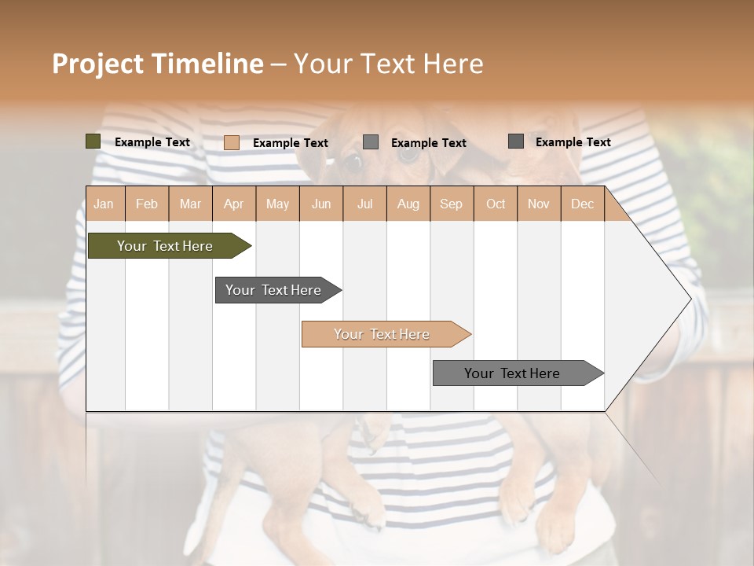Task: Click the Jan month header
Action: click(x=104, y=204)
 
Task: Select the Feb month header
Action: click(x=147, y=204)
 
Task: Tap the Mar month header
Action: click(x=190, y=204)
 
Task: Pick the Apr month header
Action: click(x=234, y=204)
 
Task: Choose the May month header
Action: click(x=277, y=204)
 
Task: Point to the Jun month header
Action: click(x=321, y=204)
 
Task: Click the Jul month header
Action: click(x=364, y=204)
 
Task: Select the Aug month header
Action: click(x=408, y=204)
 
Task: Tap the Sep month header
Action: click(x=452, y=204)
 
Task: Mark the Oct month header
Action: click(x=496, y=204)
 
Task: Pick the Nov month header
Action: click(x=539, y=204)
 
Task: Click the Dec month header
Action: click(x=583, y=204)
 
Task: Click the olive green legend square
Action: click(x=93, y=141)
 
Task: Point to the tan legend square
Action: click(x=232, y=142)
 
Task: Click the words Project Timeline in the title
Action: click(x=158, y=64)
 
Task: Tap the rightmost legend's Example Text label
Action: click(x=573, y=142)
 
